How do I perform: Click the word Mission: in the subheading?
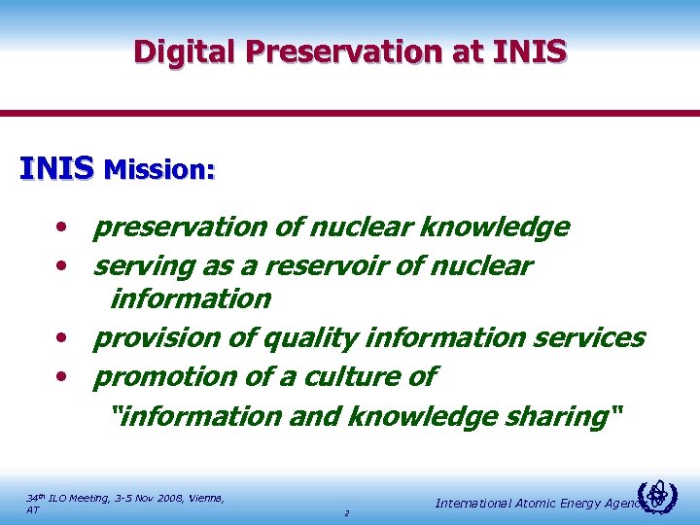click(x=159, y=170)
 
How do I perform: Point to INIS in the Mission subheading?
click(x=56, y=168)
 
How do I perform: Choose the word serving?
click(x=142, y=265)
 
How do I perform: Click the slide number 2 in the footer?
click(x=346, y=512)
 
